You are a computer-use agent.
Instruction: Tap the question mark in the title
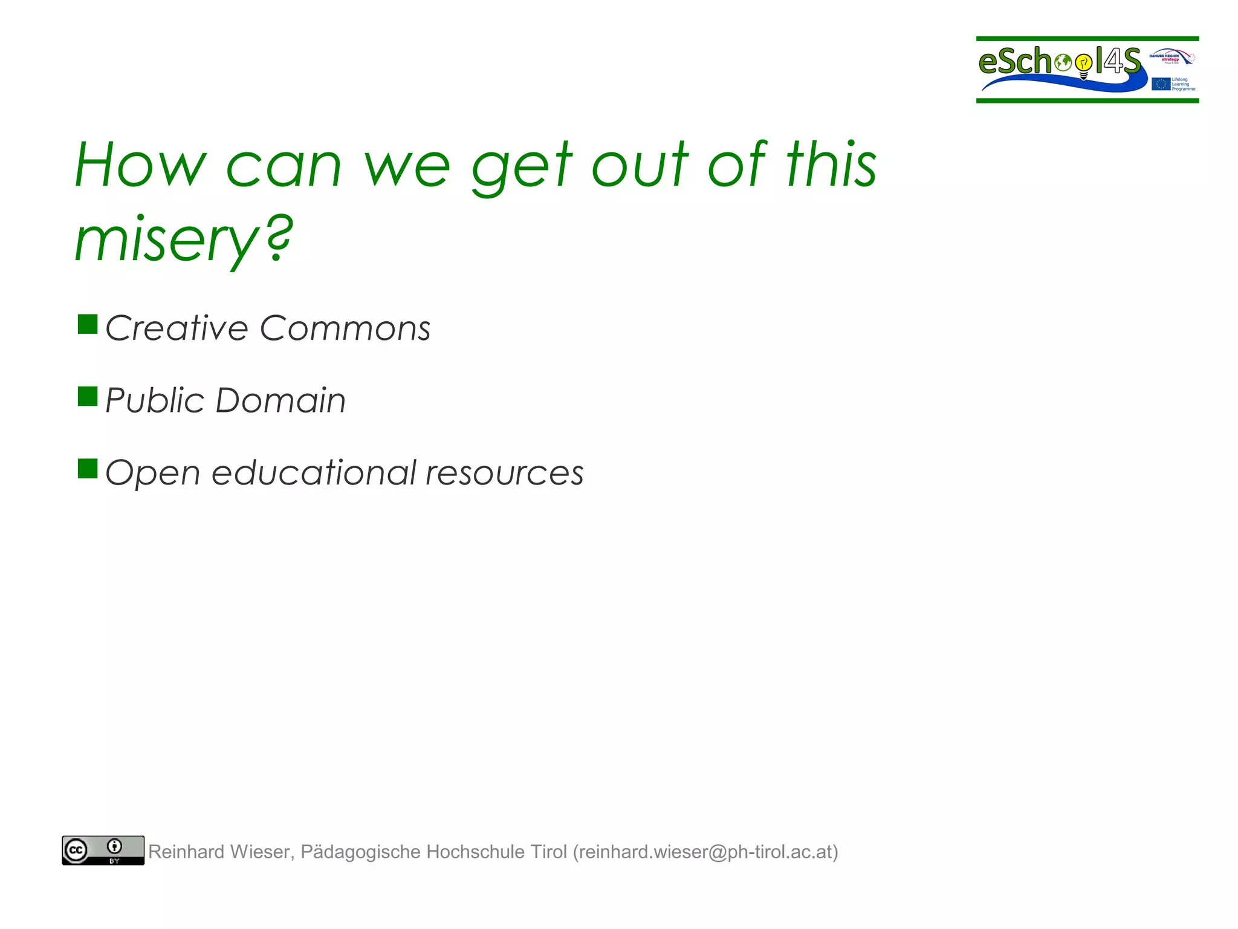279,237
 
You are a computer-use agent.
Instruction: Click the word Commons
345,328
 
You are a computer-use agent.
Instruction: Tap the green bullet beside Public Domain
88,397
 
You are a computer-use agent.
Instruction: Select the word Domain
280,400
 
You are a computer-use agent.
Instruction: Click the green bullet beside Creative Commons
88,324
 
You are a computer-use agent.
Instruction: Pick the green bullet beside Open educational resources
88,469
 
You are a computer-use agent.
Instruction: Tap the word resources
505,474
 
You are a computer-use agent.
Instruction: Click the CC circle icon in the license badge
76,850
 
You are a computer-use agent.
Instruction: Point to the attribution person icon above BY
114,846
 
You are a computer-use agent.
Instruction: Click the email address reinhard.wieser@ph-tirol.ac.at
705,852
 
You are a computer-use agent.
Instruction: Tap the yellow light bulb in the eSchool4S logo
1084,63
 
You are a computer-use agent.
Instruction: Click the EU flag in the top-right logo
1161,84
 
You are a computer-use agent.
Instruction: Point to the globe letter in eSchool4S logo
1062,62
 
